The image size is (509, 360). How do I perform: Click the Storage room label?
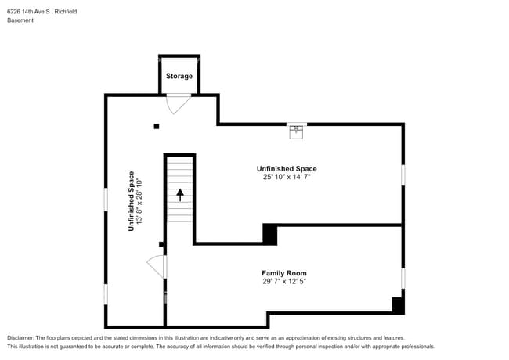(x=179, y=76)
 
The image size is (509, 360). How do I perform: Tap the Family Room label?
(x=284, y=273)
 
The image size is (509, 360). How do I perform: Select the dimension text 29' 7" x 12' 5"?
(x=284, y=281)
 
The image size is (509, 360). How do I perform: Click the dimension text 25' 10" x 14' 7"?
(x=287, y=177)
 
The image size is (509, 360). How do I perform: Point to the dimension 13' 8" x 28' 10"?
(x=139, y=201)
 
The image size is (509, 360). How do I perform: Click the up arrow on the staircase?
(x=180, y=195)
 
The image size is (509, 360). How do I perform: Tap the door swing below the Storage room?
(x=178, y=104)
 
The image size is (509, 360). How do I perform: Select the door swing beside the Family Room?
(x=157, y=267)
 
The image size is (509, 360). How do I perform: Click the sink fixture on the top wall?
(x=296, y=132)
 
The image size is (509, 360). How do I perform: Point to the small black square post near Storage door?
(x=157, y=127)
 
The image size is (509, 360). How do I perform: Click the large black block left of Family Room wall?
(x=269, y=234)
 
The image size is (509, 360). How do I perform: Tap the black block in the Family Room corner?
(x=398, y=305)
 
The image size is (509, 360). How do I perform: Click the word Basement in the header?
(x=20, y=20)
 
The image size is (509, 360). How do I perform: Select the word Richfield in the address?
(x=66, y=12)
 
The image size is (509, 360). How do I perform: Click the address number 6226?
(x=13, y=12)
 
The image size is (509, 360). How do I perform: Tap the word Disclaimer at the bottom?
(x=20, y=338)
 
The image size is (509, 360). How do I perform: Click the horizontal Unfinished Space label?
(x=287, y=168)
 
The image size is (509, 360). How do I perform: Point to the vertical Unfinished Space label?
(x=131, y=201)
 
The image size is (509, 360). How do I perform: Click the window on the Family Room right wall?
(x=403, y=279)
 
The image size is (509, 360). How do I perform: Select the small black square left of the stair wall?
(x=161, y=244)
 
